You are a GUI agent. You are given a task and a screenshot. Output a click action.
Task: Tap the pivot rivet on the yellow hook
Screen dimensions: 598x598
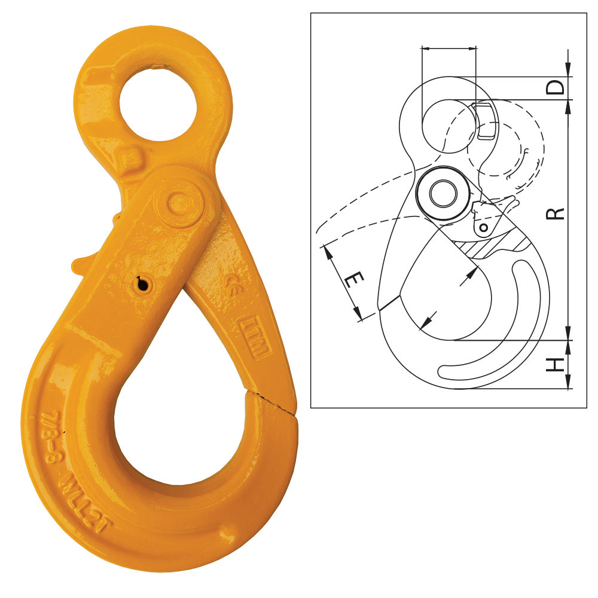click(178, 204)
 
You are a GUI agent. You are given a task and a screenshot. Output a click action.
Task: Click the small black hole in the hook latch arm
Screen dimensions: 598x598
click(142, 285)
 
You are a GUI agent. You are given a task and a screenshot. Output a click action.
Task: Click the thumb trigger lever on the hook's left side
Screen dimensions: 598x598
click(84, 263)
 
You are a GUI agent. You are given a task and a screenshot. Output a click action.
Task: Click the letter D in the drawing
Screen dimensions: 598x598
click(556, 88)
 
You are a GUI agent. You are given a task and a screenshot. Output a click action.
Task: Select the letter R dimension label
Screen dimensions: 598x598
click(556, 213)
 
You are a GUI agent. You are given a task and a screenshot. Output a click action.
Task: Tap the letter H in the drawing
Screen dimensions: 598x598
click(556, 364)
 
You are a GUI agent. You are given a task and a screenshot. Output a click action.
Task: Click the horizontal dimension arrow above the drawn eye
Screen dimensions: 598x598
click(449, 47)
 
